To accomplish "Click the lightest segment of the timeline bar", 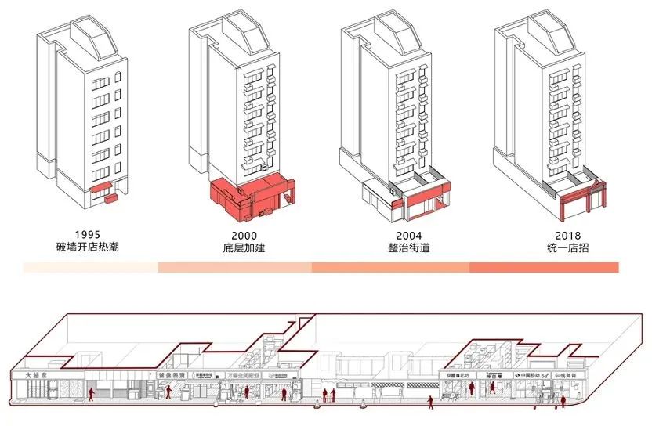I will pyautogui.click(x=90, y=268).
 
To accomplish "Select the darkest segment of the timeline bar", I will pyautogui.click(x=544, y=268).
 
